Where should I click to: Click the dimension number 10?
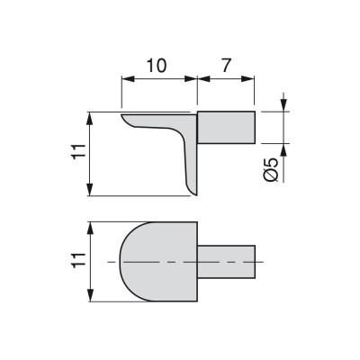point(157,66)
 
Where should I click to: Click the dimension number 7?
point(227,66)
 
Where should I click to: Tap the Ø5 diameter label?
point(272,170)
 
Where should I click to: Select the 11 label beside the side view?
point(79,153)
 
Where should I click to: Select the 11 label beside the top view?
point(79,259)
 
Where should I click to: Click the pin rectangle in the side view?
point(226,127)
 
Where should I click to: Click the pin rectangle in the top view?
point(226,262)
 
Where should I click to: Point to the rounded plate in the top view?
point(158,262)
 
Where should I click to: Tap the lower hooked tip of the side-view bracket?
point(195,194)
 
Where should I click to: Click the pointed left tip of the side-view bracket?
point(121,114)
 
